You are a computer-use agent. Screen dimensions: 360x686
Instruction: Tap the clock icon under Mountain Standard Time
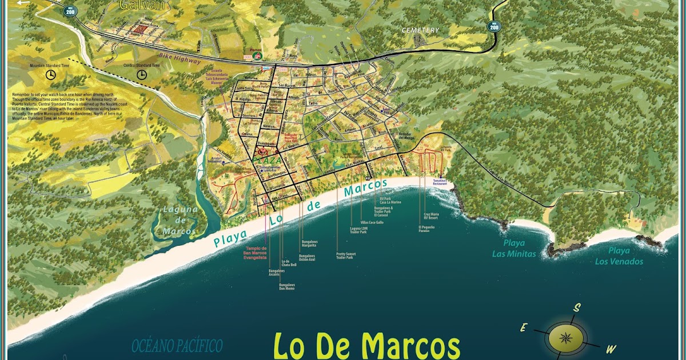pyautogui.click(x=51, y=75)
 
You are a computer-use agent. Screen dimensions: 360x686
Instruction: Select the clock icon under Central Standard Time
pyautogui.click(x=141, y=74)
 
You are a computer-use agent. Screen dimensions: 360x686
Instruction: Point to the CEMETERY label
pyautogui.click(x=420, y=30)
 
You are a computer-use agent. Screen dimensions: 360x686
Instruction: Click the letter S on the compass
pyautogui.click(x=577, y=308)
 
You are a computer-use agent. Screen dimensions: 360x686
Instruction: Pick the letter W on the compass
pyautogui.click(x=611, y=349)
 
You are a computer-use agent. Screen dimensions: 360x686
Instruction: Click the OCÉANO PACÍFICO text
pyautogui.click(x=177, y=345)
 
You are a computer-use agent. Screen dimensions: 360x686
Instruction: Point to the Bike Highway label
pyautogui.click(x=180, y=60)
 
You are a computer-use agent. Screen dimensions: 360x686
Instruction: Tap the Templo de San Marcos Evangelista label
pyautogui.click(x=256, y=253)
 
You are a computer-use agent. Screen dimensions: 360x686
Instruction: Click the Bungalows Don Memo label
pyautogui.click(x=286, y=286)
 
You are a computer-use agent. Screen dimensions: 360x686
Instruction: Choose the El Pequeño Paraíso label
pyautogui.click(x=426, y=229)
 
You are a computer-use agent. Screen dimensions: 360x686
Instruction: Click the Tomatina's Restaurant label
pyautogui.click(x=440, y=183)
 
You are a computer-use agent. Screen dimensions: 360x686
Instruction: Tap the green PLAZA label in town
pyautogui.click(x=266, y=160)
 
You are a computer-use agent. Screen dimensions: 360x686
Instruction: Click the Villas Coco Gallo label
pyautogui.click(x=372, y=222)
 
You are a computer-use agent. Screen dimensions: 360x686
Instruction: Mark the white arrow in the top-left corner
pyautogui.click(x=23, y=3)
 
